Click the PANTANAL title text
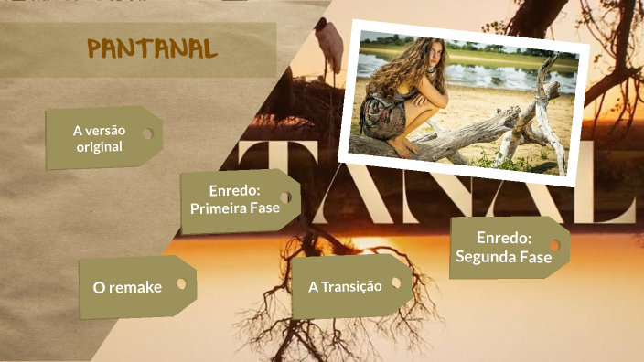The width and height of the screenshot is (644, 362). [x=152, y=48]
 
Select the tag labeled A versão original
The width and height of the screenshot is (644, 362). [x=100, y=138]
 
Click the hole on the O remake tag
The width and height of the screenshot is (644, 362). [x=181, y=283]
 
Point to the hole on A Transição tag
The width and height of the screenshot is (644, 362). [x=396, y=282]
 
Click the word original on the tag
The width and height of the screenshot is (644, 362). [x=100, y=146]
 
